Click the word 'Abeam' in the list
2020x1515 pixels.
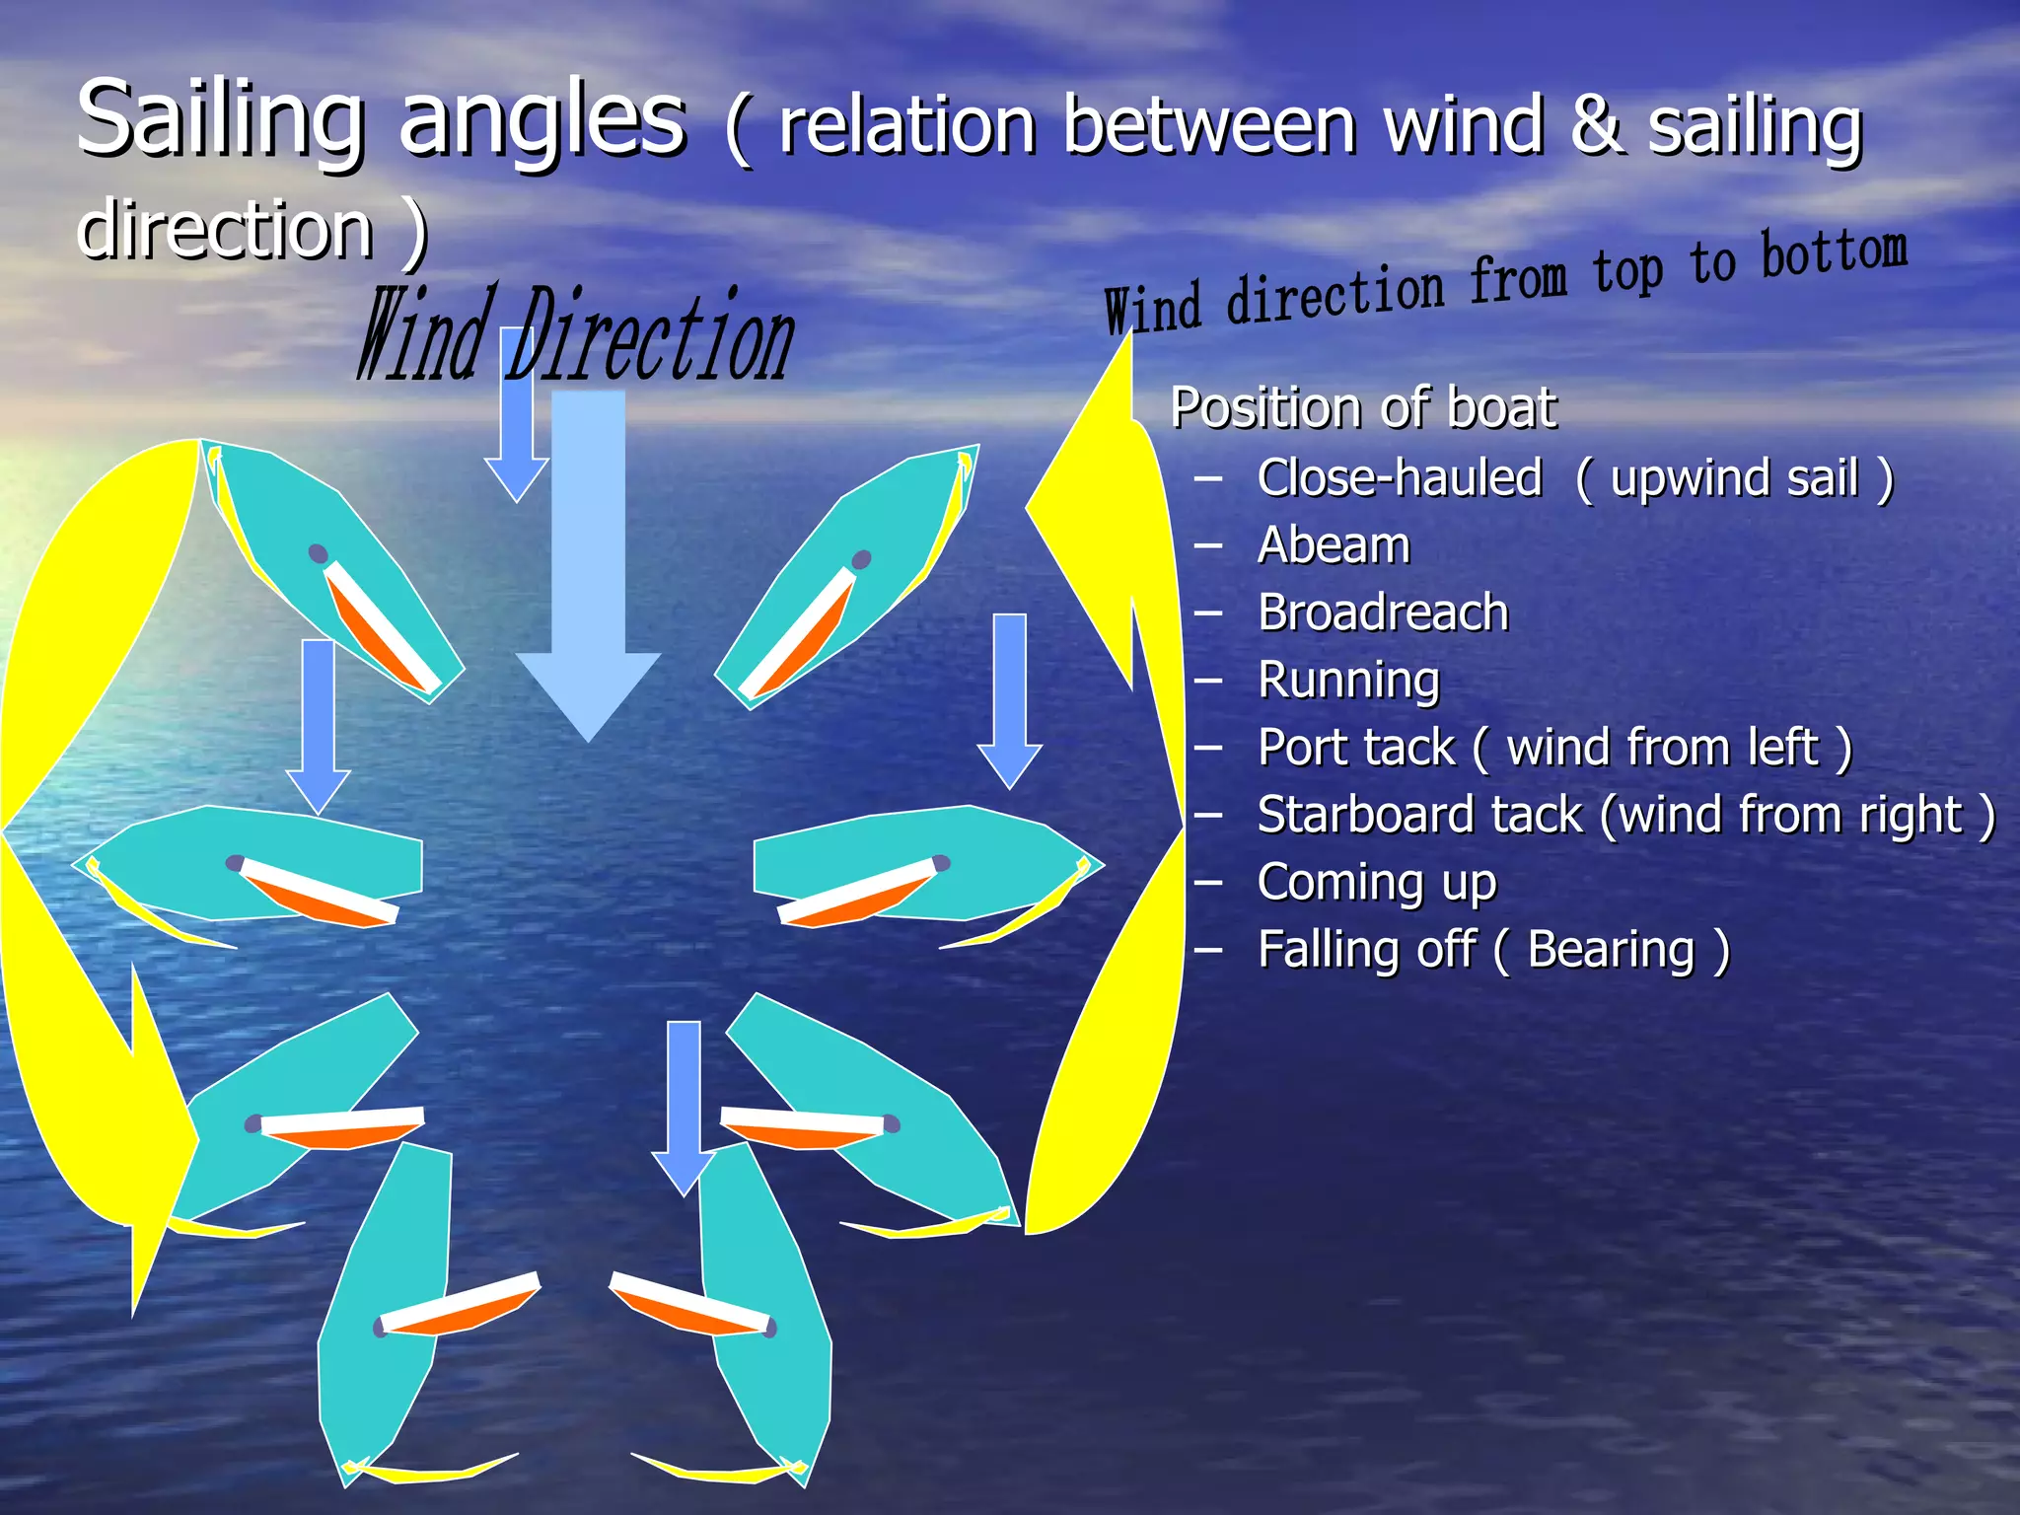pyautogui.click(x=1334, y=545)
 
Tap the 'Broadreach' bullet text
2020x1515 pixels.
pyautogui.click(x=1383, y=613)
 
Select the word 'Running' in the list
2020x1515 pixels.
pyautogui.click(x=1348, y=681)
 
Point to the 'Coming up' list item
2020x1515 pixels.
pyautogui.click(x=1376, y=882)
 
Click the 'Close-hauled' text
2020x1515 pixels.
pyautogui.click(x=1399, y=478)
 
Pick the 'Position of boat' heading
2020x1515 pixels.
pyautogui.click(x=1362, y=407)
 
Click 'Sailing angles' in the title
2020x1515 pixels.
pyautogui.click(x=381, y=120)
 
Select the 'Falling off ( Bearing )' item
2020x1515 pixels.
pyautogui.click(x=1492, y=950)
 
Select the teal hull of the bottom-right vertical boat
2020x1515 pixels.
pyautogui.click(x=769, y=1401)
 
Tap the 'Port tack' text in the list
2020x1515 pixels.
pyautogui.click(x=1357, y=748)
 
